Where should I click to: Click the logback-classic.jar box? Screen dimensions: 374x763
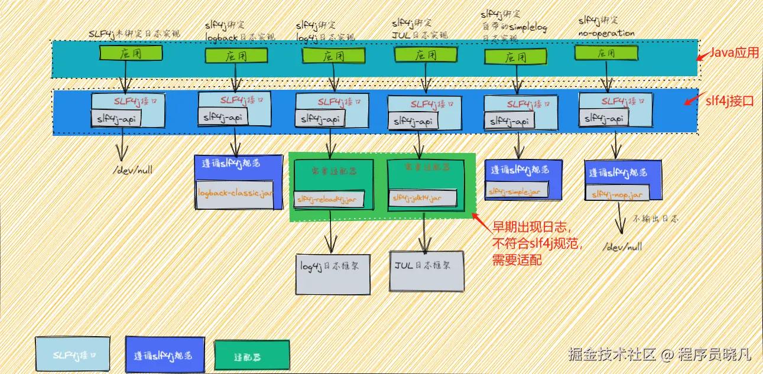235,194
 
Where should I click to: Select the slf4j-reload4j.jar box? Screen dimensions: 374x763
329,199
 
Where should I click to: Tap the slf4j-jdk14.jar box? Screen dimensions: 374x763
422,199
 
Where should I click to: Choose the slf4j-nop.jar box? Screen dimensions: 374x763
616,193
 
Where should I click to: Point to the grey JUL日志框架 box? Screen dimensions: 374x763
426,271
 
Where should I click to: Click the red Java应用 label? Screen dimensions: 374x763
733,53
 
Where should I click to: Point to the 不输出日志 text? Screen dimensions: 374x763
656,219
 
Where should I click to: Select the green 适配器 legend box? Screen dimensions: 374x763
251,357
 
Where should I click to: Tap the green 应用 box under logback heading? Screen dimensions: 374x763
236,56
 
